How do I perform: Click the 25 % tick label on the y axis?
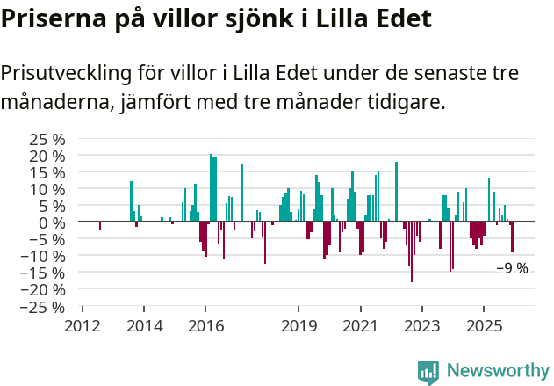[x=47, y=139]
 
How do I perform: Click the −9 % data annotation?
[x=512, y=268]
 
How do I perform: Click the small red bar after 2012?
[x=100, y=226]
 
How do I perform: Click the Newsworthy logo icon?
[x=428, y=372]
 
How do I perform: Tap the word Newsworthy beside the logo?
[x=497, y=371]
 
